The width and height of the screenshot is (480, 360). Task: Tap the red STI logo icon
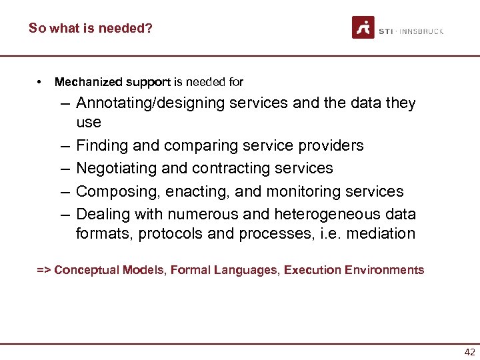(363, 27)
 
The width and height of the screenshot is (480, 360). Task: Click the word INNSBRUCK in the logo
(421, 31)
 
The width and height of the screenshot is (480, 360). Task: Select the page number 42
(469, 353)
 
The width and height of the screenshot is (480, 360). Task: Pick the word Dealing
(103, 214)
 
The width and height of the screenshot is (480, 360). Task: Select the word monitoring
(305, 191)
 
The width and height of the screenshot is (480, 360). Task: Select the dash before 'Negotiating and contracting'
(65, 169)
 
